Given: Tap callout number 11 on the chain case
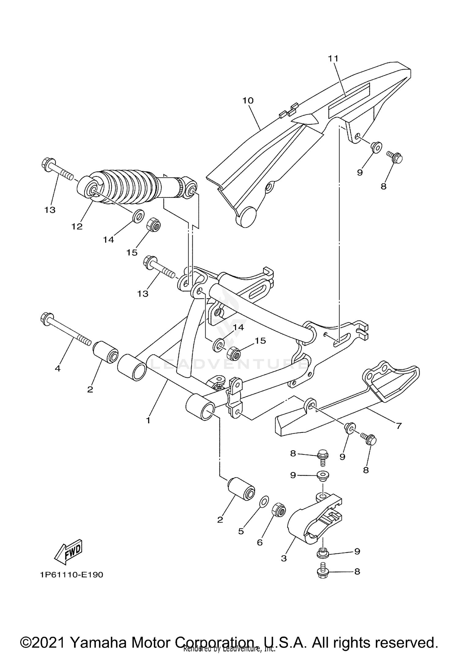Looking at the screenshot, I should click(x=333, y=58).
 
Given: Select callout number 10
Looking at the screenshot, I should click(x=248, y=100).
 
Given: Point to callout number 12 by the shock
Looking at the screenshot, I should click(x=77, y=226).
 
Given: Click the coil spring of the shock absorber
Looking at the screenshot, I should click(x=125, y=187).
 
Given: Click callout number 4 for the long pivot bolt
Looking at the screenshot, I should click(x=58, y=368).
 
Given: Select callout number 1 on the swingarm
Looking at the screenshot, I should click(x=148, y=420).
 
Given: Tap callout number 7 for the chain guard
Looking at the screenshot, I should click(x=398, y=425).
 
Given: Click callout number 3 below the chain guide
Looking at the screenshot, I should click(x=284, y=558).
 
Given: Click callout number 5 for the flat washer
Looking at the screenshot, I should click(x=241, y=531).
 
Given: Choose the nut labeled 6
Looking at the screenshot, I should click(x=278, y=509).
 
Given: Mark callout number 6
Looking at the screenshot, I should click(x=259, y=542).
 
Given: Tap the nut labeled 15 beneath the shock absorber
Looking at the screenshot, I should click(x=155, y=226).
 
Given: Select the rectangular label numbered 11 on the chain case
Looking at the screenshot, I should click(x=349, y=100).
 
